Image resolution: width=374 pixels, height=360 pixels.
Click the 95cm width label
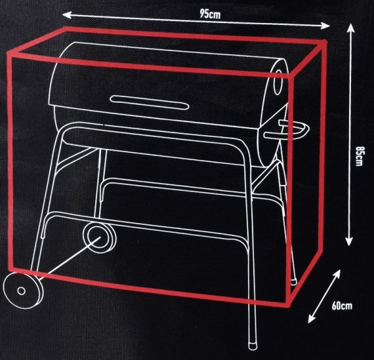click(210, 14)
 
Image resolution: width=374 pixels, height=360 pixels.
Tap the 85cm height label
click(359, 156)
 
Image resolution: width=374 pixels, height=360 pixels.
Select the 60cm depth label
click(342, 306)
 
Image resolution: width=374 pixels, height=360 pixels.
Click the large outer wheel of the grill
click(23, 290)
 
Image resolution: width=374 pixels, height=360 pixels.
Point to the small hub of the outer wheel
click(21, 291)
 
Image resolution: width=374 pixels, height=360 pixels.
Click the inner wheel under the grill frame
click(100, 236)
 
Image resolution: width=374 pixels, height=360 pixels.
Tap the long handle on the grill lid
click(150, 102)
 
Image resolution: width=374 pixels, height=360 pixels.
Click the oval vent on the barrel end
click(277, 82)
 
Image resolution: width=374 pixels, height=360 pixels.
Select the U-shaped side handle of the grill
click(287, 130)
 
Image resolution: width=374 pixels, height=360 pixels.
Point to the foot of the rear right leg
click(294, 282)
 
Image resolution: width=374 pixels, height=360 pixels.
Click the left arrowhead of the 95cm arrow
click(67, 15)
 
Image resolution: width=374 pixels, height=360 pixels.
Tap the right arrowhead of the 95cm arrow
click(325, 26)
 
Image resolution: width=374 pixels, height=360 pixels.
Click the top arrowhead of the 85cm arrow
click(350, 27)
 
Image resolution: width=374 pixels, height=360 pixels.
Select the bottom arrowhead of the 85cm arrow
click(349, 242)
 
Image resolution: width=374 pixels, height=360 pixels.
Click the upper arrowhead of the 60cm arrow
click(337, 273)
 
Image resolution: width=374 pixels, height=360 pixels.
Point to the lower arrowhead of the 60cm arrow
click(311, 319)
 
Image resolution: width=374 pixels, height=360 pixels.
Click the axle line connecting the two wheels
click(69, 258)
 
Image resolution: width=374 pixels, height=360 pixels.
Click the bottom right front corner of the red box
click(289, 305)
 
